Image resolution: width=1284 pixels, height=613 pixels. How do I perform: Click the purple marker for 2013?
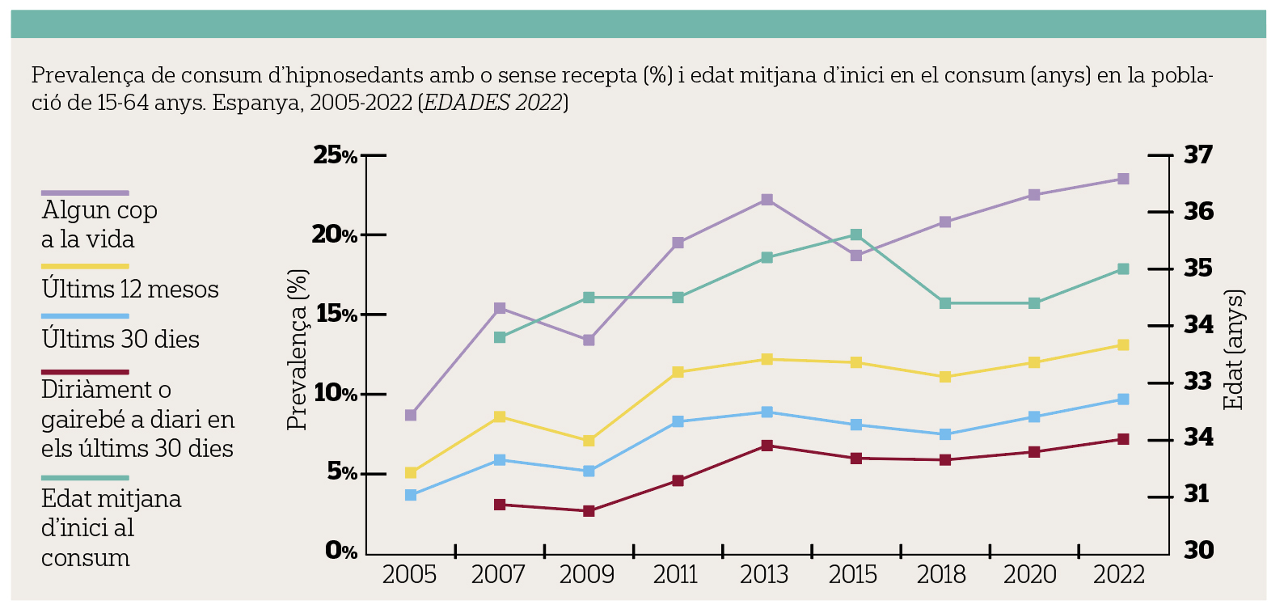click(767, 200)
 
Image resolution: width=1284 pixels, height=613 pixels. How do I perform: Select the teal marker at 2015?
click(856, 235)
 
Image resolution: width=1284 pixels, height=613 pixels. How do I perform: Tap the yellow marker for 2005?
click(411, 472)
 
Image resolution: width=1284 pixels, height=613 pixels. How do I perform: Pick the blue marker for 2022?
click(1123, 400)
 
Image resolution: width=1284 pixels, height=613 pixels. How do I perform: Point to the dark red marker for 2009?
click(589, 511)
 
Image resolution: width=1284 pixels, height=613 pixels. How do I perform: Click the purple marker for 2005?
click(411, 415)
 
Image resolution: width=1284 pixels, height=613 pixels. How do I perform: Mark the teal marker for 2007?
click(500, 337)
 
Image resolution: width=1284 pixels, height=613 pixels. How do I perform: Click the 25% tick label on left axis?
click(335, 155)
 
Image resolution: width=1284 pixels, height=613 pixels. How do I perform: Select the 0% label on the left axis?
click(340, 552)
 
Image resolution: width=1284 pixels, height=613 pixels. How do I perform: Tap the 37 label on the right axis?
click(1198, 154)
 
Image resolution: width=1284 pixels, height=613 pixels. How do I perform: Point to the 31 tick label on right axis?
click(1197, 494)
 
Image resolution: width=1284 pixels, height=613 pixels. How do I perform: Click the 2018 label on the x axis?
click(941, 575)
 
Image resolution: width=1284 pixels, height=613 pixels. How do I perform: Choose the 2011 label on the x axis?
click(676, 575)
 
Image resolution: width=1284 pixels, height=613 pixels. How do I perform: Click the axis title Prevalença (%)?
click(298, 349)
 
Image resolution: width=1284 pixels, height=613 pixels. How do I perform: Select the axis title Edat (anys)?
click(1234, 349)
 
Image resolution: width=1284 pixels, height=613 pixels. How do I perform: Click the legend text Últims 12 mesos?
click(130, 289)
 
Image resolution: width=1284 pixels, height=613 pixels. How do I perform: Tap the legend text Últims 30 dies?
click(120, 339)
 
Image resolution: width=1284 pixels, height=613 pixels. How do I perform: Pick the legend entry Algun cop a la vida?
click(99, 224)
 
